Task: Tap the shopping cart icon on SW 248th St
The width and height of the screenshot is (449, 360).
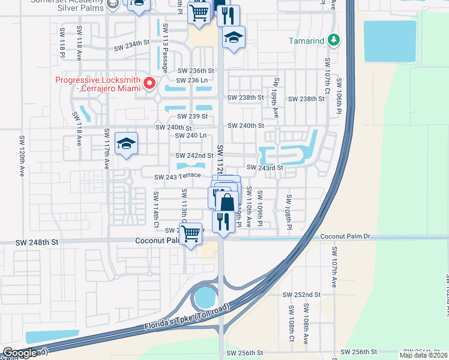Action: click(191, 234)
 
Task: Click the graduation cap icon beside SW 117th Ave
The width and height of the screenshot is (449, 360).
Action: click(126, 144)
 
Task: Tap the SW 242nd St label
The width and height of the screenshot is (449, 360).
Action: click(194, 156)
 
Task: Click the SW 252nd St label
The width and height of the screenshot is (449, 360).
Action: click(302, 295)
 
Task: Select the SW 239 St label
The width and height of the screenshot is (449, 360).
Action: click(192, 116)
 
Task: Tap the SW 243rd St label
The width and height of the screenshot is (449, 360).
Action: click(264, 168)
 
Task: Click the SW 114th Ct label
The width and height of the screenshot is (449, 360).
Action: click(155, 205)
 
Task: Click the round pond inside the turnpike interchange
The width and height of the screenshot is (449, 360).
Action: click(205, 296)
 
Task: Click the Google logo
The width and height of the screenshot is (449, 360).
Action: click(20, 353)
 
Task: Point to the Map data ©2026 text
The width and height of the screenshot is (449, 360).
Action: click(423, 355)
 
